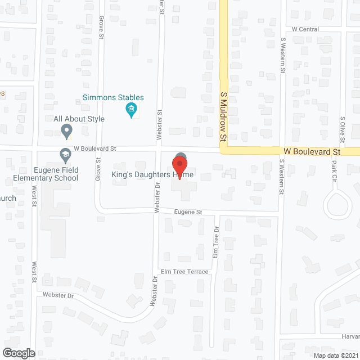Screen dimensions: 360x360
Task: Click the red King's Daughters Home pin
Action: (179, 166)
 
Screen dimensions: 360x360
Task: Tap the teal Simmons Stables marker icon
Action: (132, 110)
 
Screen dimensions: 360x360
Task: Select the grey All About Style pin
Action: (67, 131)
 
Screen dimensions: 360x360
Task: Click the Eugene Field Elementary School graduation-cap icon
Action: (65, 154)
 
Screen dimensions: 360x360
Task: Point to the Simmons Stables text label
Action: (113, 97)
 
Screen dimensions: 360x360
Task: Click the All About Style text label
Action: (79, 119)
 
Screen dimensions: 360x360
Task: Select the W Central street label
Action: (305, 29)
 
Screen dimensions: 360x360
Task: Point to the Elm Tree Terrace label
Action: (184, 272)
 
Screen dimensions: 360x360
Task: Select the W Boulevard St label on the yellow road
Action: (312, 152)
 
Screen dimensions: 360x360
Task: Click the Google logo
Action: (19, 353)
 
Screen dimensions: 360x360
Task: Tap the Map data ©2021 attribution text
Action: (336, 355)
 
